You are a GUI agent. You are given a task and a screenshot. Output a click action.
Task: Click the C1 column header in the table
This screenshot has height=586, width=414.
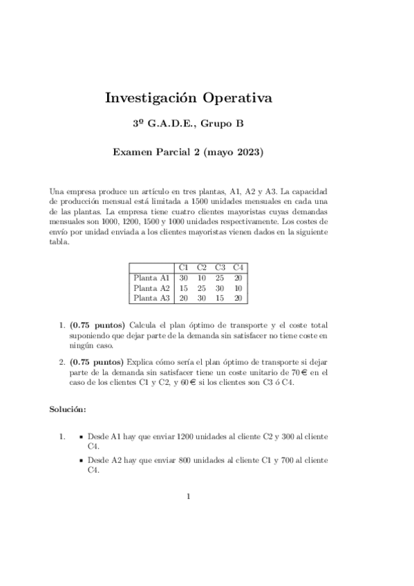(184, 267)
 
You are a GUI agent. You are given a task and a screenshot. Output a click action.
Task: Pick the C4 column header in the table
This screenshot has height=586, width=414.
(238, 267)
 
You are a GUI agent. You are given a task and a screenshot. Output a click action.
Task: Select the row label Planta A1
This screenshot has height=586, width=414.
(151, 277)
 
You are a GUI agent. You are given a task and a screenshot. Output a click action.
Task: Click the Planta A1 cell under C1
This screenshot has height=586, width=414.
(184, 277)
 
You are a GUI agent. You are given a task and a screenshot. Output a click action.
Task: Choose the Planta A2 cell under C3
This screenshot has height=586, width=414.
(220, 287)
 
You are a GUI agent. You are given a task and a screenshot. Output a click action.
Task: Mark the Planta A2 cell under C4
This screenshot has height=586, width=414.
(238, 287)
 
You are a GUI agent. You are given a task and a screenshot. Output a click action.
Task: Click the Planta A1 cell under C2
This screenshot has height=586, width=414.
(202, 277)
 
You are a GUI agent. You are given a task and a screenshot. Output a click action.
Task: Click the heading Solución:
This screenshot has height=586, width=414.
(67, 410)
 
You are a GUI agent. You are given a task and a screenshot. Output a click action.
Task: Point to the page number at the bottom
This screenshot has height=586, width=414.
(188, 496)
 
